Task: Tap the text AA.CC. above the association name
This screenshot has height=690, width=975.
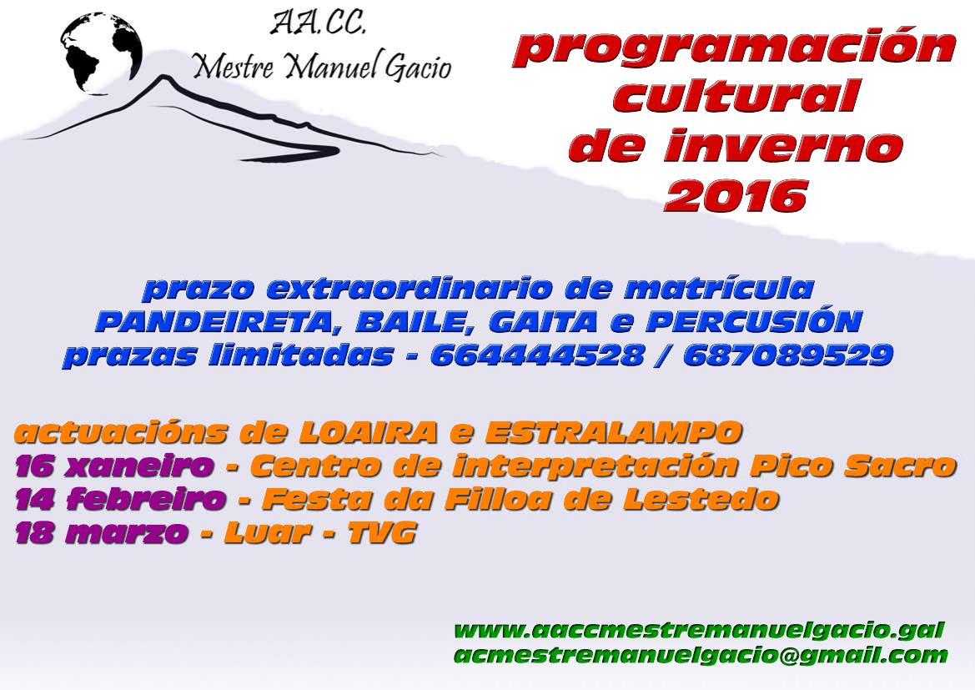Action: [318, 23]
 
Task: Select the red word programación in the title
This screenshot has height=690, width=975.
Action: [734, 48]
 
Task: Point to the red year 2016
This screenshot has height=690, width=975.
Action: [736, 195]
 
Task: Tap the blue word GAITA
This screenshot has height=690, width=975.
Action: [544, 321]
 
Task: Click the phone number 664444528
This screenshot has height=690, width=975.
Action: [537, 355]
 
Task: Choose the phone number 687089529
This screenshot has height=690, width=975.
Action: [788, 355]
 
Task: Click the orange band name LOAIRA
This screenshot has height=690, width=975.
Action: [368, 432]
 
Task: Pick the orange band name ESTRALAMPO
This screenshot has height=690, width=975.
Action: [614, 432]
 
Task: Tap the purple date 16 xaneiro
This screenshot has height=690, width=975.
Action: [113, 466]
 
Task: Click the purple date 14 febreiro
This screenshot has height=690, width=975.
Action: [120, 499]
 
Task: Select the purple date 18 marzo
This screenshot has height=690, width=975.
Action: [101, 532]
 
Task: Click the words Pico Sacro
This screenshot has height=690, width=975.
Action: [852, 466]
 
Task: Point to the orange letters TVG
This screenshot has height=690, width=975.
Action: [381, 532]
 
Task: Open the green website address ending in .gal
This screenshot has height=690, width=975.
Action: [700, 630]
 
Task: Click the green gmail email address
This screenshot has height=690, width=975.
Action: [701, 655]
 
